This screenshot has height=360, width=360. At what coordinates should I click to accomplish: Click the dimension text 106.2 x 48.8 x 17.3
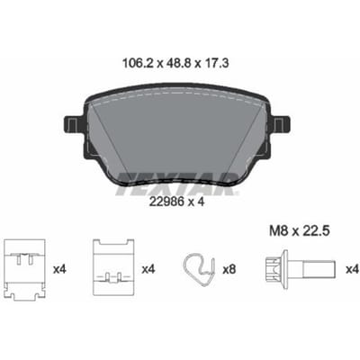[x=175, y=63]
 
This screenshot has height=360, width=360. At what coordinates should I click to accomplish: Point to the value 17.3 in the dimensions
[x=217, y=63]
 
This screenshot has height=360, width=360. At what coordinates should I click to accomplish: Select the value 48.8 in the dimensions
[x=179, y=63]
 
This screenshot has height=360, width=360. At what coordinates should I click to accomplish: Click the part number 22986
[x=166, y=202]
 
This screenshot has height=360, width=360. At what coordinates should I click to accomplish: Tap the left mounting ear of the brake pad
[x=74, y=123]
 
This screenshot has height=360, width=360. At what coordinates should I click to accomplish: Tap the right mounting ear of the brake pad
[x=281, y=123]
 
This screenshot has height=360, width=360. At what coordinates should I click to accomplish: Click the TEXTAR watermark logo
[x=177, y=184]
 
